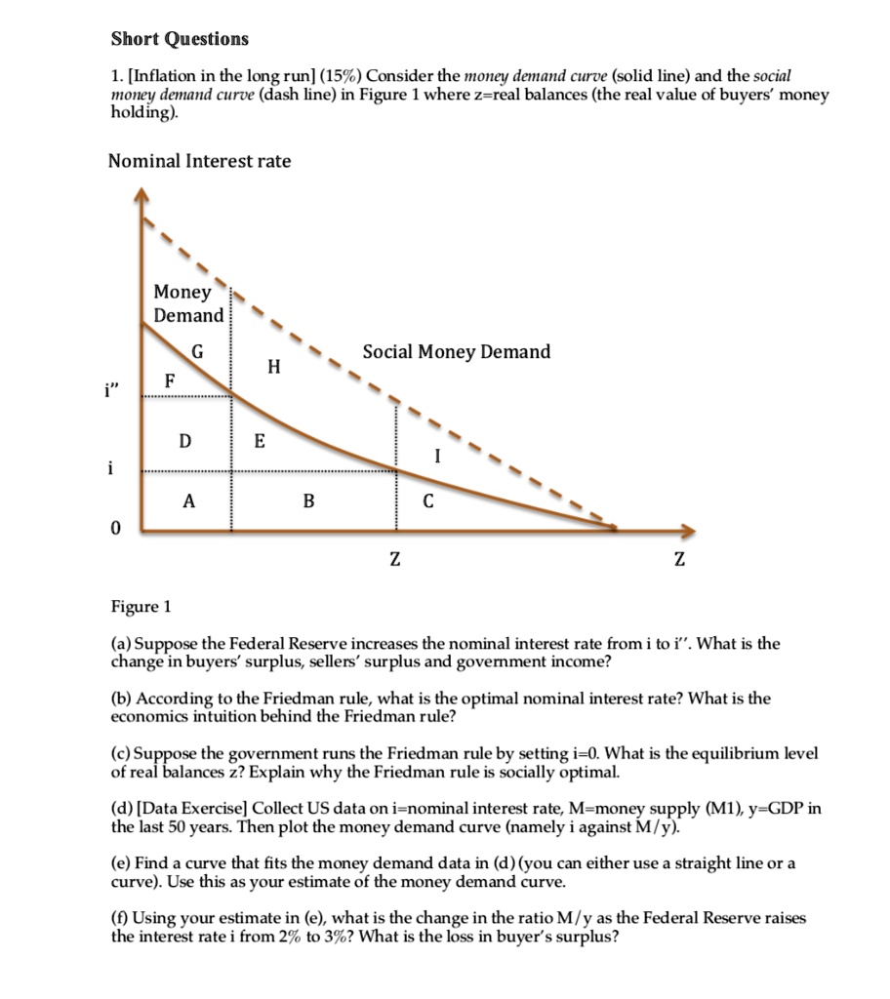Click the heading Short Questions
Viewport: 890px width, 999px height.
180,39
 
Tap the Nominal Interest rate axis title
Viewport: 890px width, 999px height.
199,161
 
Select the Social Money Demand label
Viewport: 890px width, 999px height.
457,352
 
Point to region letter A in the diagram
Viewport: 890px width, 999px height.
188,501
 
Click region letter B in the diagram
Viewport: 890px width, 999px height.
308,502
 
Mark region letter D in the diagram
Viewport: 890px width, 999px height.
184,441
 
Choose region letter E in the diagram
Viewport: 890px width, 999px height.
259,441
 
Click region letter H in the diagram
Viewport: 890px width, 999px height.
274,367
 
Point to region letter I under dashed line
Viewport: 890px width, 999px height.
438,455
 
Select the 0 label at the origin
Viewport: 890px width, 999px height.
116,529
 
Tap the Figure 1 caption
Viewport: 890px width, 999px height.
140,607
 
